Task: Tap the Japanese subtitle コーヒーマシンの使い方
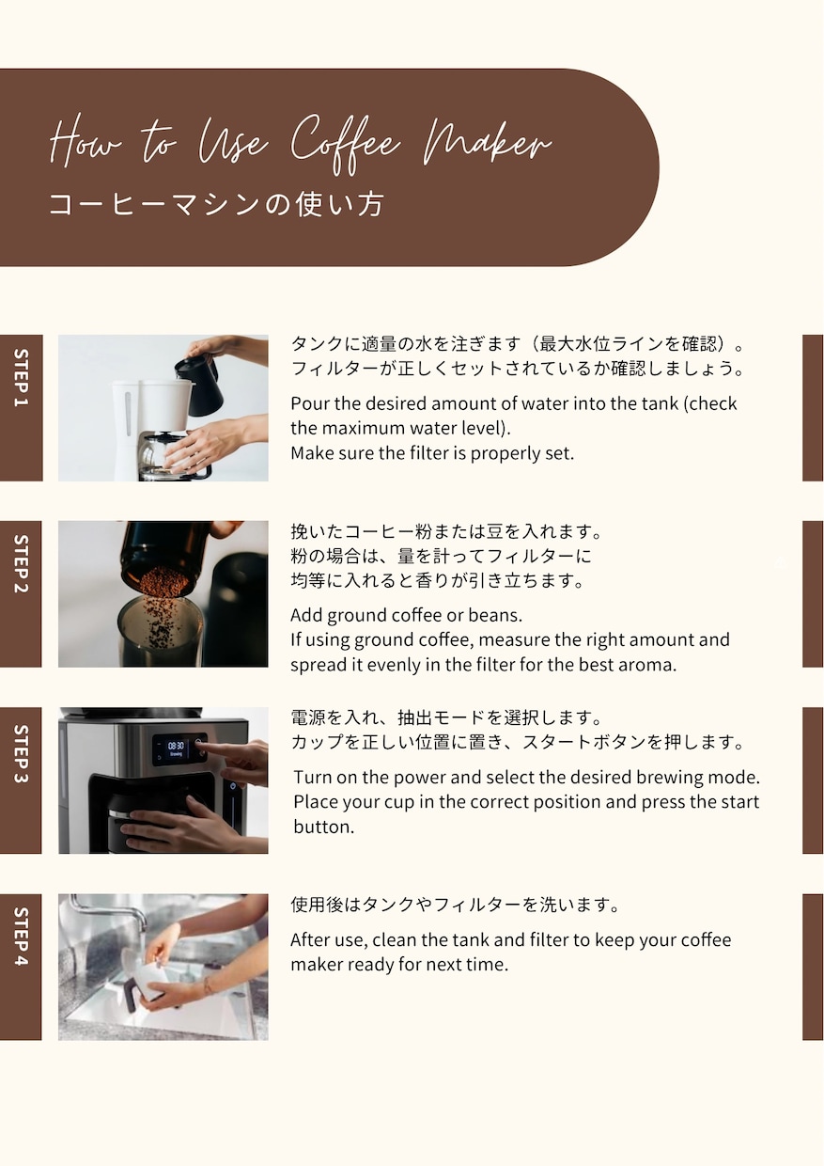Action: click(216, 204)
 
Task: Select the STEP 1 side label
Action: click(21, 407)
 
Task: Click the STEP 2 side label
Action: click(21, 593)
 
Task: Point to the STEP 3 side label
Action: click(21, 780)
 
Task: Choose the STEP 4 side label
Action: click(21, 966)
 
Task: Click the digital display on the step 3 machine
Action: click(176, 748)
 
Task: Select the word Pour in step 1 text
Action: click(310, 403)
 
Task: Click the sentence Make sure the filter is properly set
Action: click(431, 452)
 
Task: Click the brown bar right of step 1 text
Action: click(813, 407)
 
